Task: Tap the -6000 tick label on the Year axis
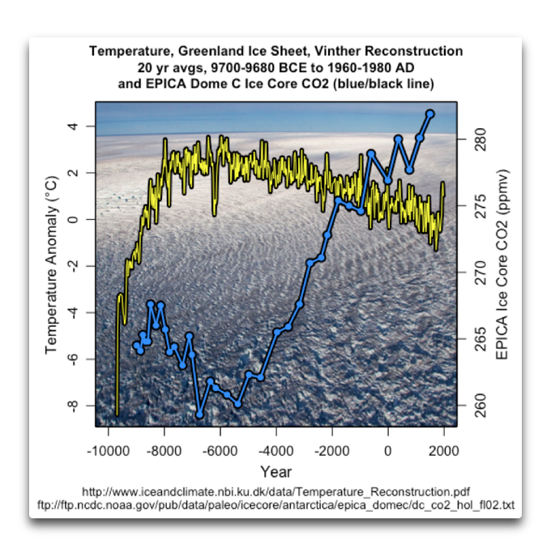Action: pos(220,450)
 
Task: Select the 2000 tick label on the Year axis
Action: pos(444,450)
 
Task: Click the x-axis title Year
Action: pos(275,471)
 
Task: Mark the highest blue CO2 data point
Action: pos(430,114)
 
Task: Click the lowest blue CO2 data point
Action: pos(199,415)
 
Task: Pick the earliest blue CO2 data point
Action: pos(136,346)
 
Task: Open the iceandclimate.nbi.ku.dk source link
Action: pos(275,492)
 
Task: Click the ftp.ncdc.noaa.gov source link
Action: pos(275,505)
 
